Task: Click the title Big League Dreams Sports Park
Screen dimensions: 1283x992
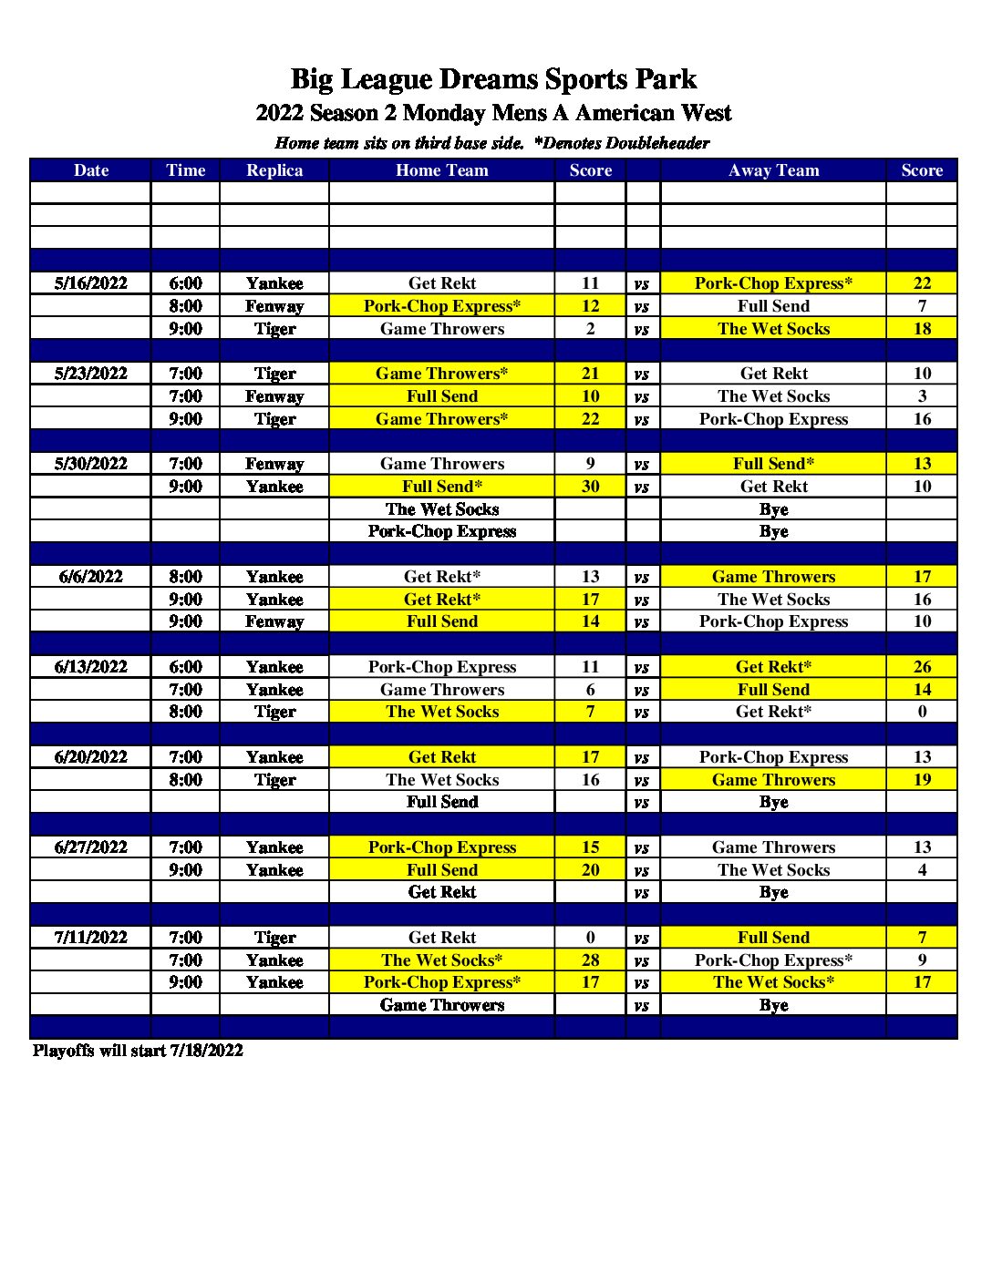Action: (493, 79)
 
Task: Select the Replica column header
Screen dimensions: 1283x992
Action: (274, 170)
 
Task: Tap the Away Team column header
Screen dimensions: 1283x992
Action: (773, 170)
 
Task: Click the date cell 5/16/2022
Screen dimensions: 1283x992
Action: (90, 283)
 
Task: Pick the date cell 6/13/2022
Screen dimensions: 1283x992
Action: (90, 667)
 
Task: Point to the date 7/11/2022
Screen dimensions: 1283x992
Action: (90, 938)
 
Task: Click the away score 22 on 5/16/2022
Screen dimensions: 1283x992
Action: (922, 283)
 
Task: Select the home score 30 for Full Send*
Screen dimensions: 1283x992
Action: (590, 487)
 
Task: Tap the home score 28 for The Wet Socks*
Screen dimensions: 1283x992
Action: (590, 960)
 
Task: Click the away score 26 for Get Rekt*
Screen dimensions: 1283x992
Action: (922, 667)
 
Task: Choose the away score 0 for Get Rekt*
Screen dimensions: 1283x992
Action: (922, 712)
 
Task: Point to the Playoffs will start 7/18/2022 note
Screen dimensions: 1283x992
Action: (139, 1051)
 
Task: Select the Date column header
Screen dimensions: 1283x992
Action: (90, 170)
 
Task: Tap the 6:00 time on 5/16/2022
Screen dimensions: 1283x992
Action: (185, 283)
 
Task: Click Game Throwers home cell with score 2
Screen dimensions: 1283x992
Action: (442, 329)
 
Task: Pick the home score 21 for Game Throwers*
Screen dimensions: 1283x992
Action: (590, 374)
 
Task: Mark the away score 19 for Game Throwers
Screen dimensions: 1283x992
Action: (922, 780)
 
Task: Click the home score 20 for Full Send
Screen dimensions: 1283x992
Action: (590, 870)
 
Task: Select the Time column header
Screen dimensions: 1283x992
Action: (185, 170)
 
